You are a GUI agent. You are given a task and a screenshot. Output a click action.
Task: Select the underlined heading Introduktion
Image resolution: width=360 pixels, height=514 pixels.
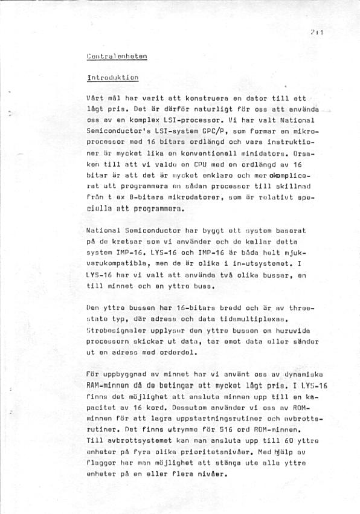pos(113,77)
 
